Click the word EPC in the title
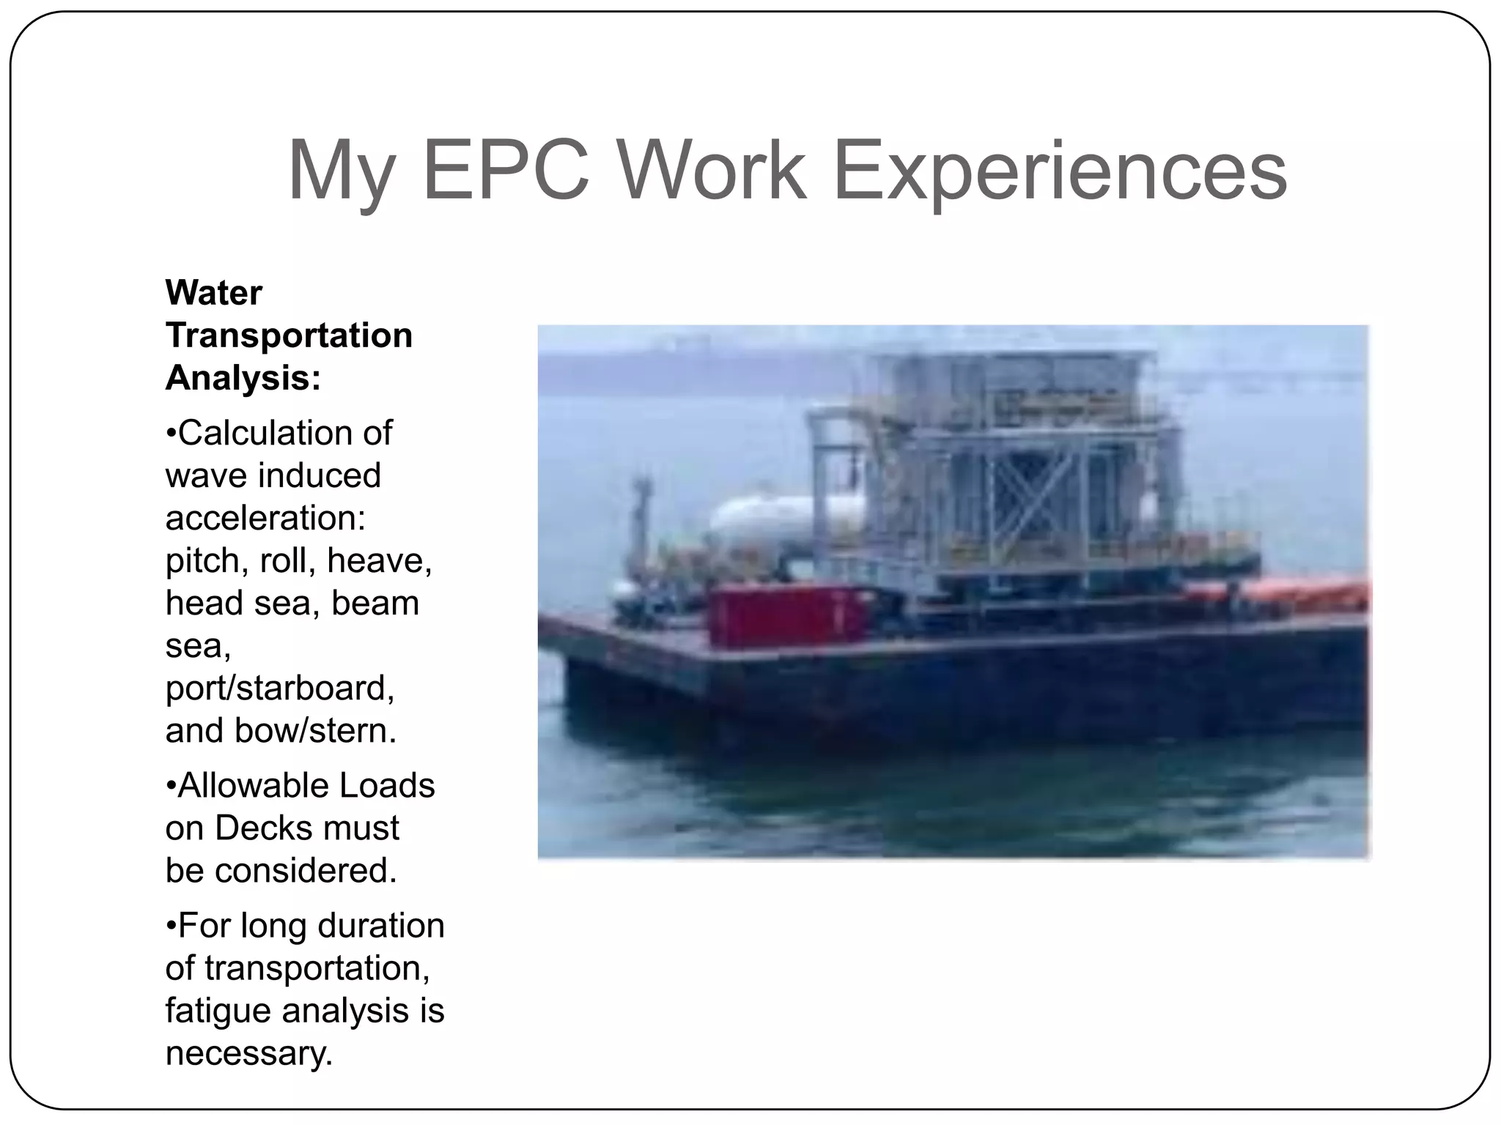coord(506,172)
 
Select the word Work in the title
coord(711,172)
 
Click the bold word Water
coord(213,293)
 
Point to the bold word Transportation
coord(289,335)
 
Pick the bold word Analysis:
coord(243,378)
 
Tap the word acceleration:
coord(265,518)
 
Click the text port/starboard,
coord(280,688)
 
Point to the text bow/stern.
coord(315,730)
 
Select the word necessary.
coord(249,1053)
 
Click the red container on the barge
coord(788,618)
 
